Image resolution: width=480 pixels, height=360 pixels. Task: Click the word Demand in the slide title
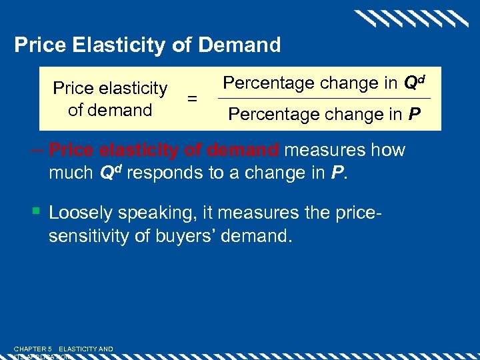(x=241, y=45)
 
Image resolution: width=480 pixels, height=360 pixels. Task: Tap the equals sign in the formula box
(x=192, y=99)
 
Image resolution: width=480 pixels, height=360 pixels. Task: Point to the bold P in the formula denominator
(x=414, y=115)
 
